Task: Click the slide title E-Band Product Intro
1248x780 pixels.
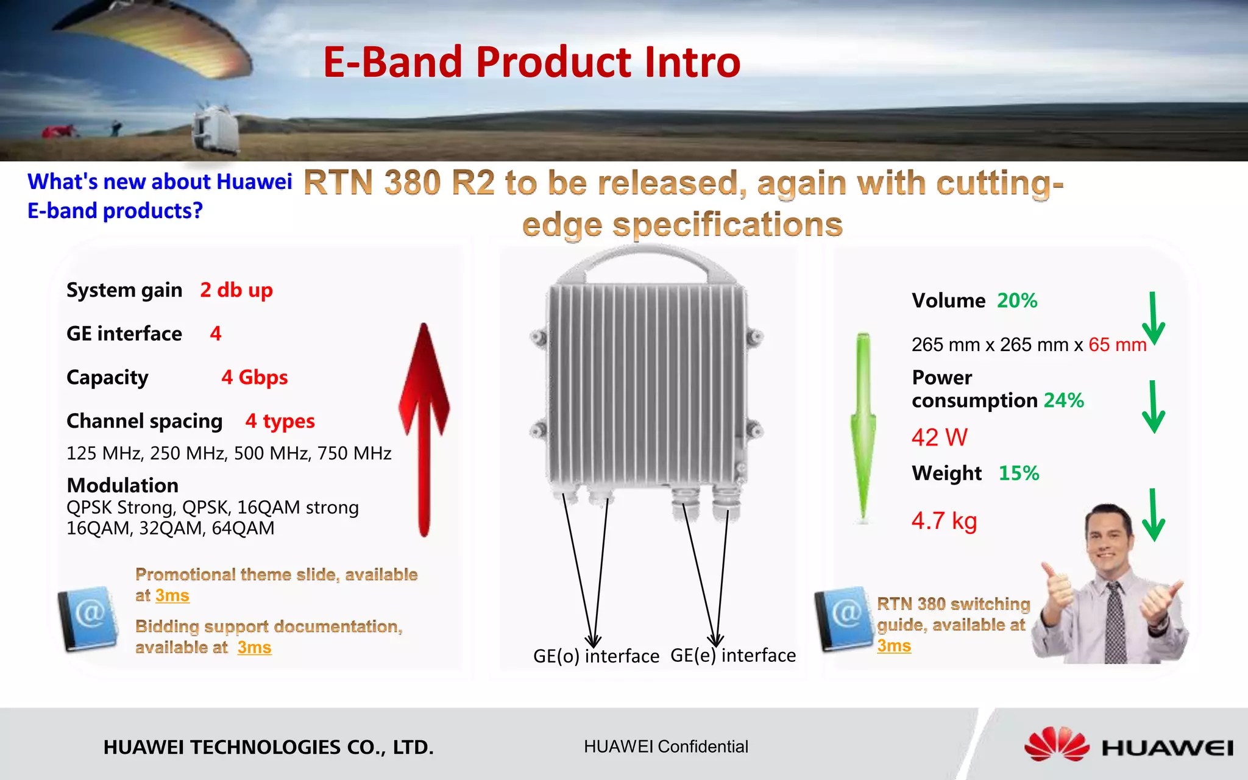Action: tap(531, 62)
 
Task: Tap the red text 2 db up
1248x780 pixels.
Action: tap(236, 290)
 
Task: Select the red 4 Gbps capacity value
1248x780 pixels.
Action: tap(254, 377)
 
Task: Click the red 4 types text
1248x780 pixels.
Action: tap(280, 421)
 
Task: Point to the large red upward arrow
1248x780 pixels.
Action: tap(424, 427)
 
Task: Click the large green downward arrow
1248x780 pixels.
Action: tap(863, 427)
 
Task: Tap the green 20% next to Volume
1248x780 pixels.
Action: tap(1016, 300)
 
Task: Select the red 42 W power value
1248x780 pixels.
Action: tap(939, 438)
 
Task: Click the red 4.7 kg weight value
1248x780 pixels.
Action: tap(944, 521)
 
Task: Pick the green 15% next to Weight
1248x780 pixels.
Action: tap(1018, 473)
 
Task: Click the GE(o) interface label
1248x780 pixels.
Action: tap(596, 656)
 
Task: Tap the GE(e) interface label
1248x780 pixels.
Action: tap(733, 656)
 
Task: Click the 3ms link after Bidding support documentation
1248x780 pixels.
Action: tap(254, 647)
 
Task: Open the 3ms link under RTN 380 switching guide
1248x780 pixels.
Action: tap(894, 645)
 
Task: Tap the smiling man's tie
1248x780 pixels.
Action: tap(1116, 622)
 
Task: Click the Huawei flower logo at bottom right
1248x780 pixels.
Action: tap(1056, 744)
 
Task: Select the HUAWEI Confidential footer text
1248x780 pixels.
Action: tap(665, 746)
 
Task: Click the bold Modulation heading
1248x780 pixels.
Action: tap(122, 486)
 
